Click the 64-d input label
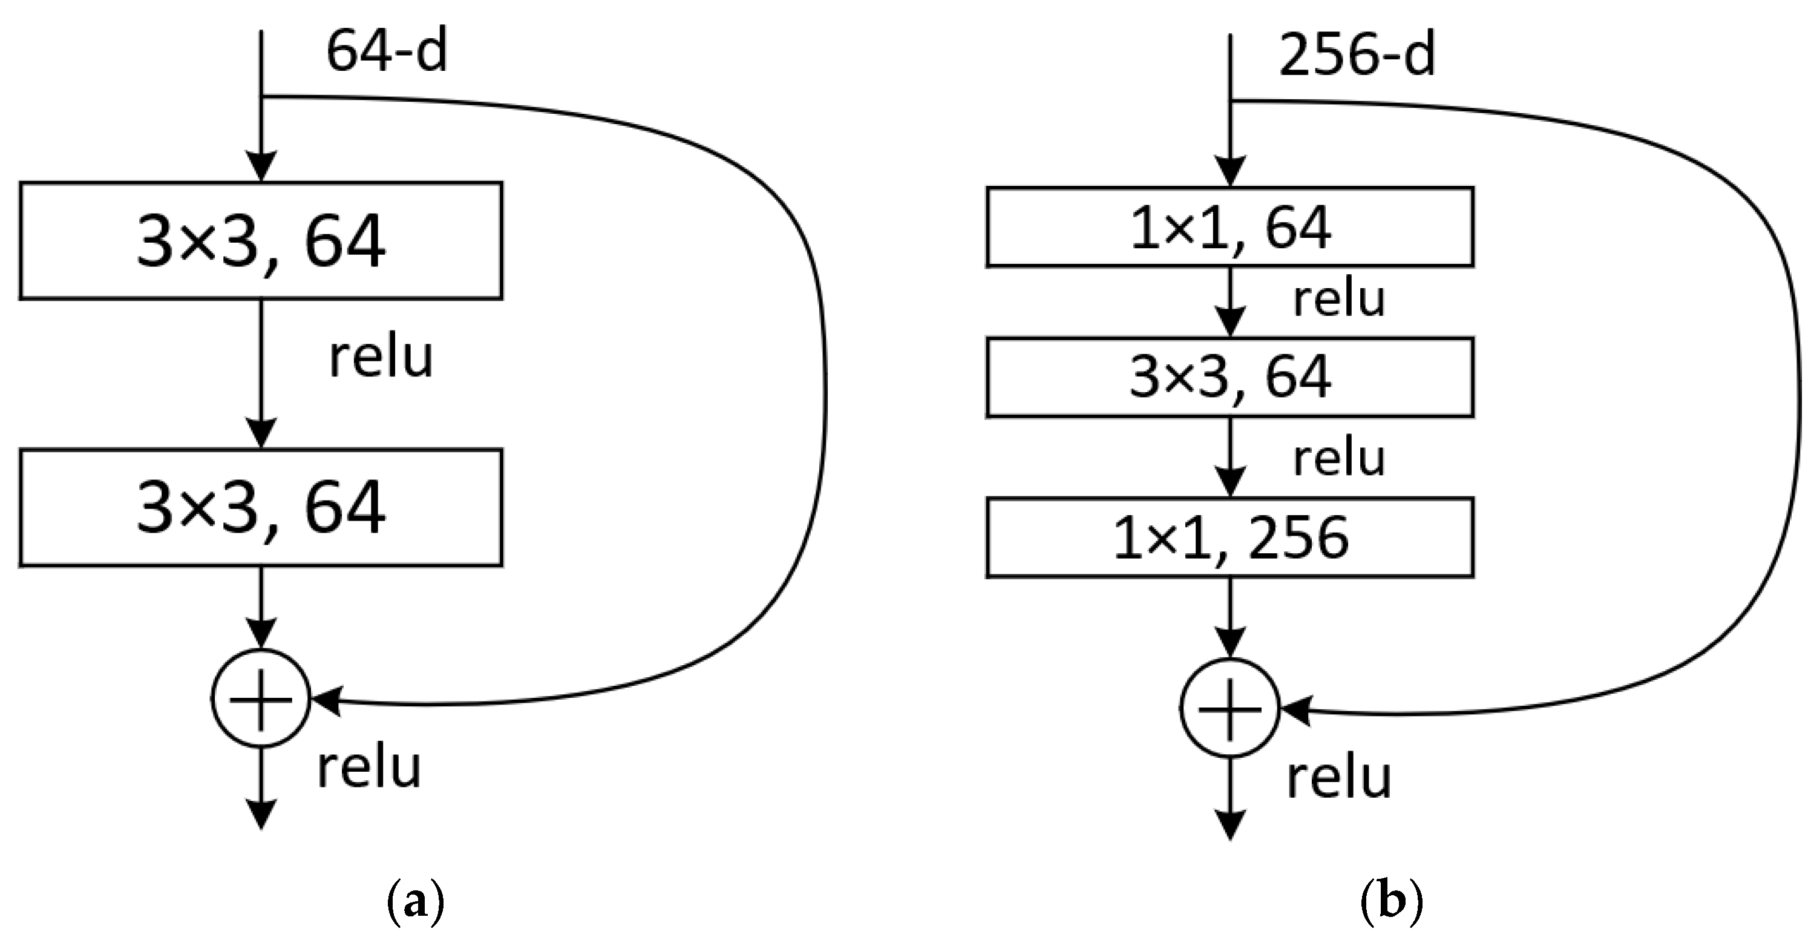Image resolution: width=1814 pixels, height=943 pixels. tap(387, 52)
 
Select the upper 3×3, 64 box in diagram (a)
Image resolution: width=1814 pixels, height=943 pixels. tap(261, 241)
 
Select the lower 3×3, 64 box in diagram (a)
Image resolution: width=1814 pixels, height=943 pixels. tap(261, 507)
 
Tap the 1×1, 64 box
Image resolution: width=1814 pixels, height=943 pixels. tap(1230, 227)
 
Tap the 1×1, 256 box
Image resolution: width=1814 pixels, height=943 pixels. tap(1230, 538)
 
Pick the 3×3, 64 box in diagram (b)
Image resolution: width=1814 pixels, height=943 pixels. tap(1230, 378)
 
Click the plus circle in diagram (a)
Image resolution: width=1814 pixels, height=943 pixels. tap(261, 698)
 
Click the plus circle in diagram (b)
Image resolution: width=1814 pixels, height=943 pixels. tap(1230, 709)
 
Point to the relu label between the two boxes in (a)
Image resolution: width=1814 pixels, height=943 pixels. tap(381, 358)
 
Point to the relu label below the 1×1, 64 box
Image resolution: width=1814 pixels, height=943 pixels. tap(1338, 298)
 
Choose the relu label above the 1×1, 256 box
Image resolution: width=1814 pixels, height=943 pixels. tap(1338, 458)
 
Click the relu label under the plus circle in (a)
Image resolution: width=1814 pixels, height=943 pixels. tap(369, 767)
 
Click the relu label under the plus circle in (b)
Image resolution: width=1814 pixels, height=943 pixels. tap(1338, 778)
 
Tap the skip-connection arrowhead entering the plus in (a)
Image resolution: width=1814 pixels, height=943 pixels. tap(326, 700)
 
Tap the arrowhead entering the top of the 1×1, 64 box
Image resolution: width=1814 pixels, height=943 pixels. tap(1230, 172)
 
